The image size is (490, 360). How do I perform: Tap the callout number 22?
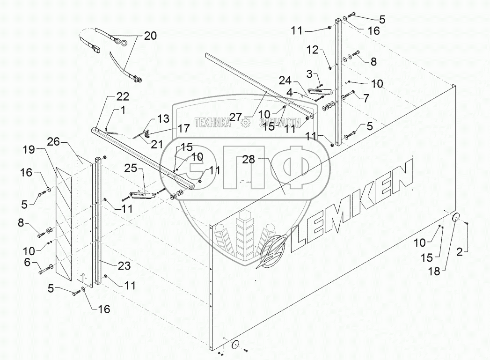110,97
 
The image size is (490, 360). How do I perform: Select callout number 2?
460,252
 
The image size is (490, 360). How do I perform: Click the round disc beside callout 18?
456,218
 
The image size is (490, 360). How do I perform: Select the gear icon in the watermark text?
245,123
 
